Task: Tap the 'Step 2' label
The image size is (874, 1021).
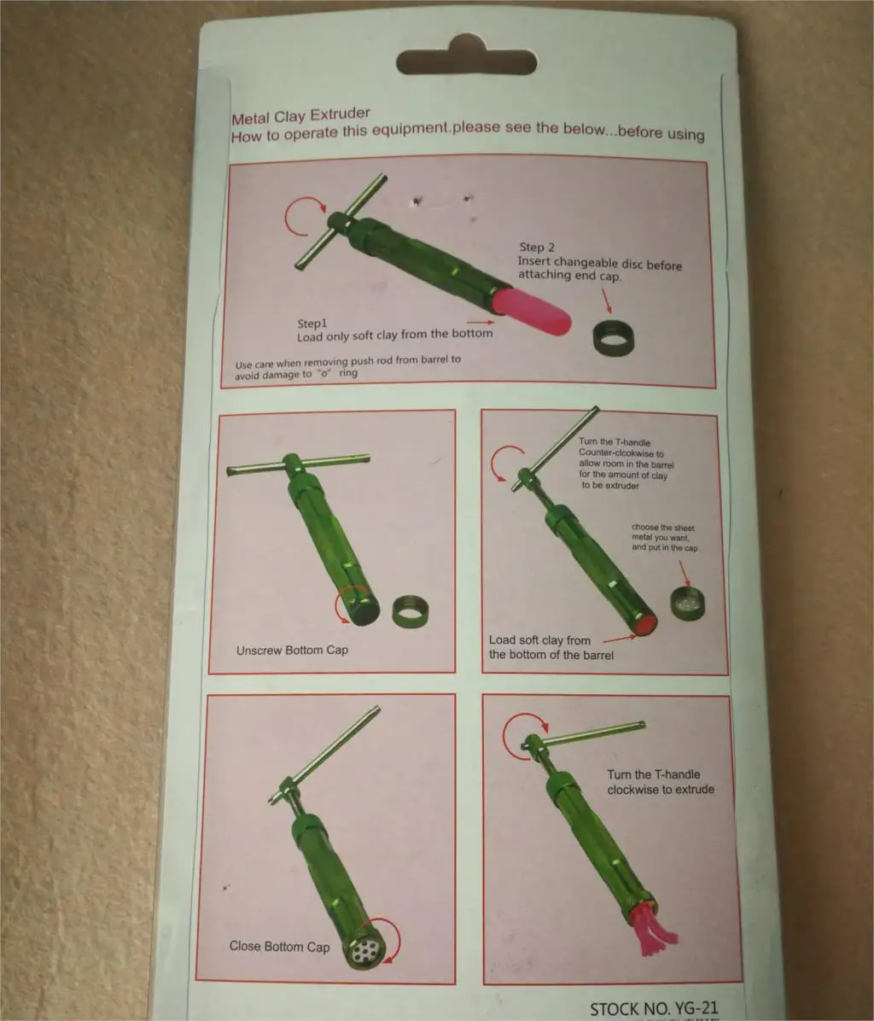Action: (x=538, y=248)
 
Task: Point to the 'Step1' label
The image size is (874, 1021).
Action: (x=312, y=324)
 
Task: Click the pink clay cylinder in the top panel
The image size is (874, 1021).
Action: (x=536, y=312)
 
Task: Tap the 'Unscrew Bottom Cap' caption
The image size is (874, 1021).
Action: (x=292, y=650)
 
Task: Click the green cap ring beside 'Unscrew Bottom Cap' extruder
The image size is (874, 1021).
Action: (x=410, y=610)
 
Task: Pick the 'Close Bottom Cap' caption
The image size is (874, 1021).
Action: (x=279, y=946)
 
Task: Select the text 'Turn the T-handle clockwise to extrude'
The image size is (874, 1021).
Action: (x=660, y=782)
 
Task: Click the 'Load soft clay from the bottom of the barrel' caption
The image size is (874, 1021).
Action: (x=551, y=647)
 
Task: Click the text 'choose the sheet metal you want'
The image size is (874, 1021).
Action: (x=664, y=537)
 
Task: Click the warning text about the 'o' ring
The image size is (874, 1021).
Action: (x=347, y=365)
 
